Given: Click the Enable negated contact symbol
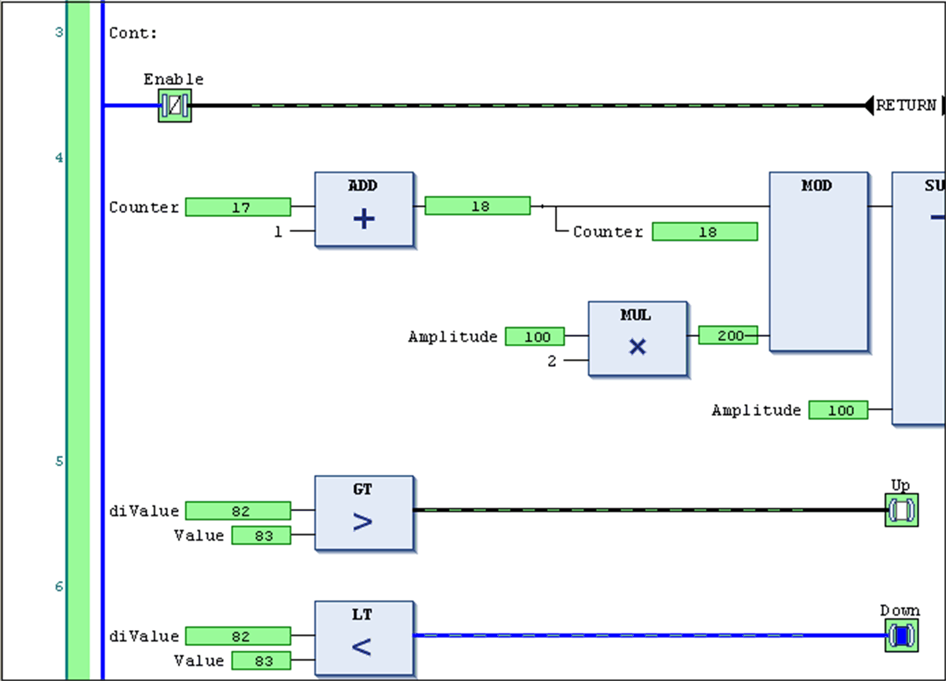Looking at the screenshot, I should (174, 106).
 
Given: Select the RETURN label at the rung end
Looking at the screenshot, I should (905, 106).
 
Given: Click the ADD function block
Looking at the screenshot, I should (364, 209).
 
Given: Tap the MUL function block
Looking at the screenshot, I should (637, 338).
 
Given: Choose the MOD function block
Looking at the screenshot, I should (818, 261).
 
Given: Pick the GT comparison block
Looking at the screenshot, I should (364, 512).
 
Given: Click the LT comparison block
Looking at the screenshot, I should (364, 638).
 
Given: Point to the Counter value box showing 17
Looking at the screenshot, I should (238, 207).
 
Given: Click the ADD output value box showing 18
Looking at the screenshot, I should (477, 206).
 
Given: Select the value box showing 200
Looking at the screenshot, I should (727, 335).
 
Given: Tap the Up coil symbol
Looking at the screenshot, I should (901, 510).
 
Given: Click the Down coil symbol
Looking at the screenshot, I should (901, 636).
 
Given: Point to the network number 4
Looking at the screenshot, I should (59, 158).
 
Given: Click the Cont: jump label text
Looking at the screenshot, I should (133, 33).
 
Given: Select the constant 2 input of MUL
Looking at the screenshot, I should (552, 361).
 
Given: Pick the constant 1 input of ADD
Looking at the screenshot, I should (278, 231).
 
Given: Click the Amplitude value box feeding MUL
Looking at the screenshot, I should (535, 337).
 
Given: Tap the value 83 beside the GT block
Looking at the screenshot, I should (261, 536).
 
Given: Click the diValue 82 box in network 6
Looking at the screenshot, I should (238, 636).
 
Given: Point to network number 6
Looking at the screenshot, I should (59, 587).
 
